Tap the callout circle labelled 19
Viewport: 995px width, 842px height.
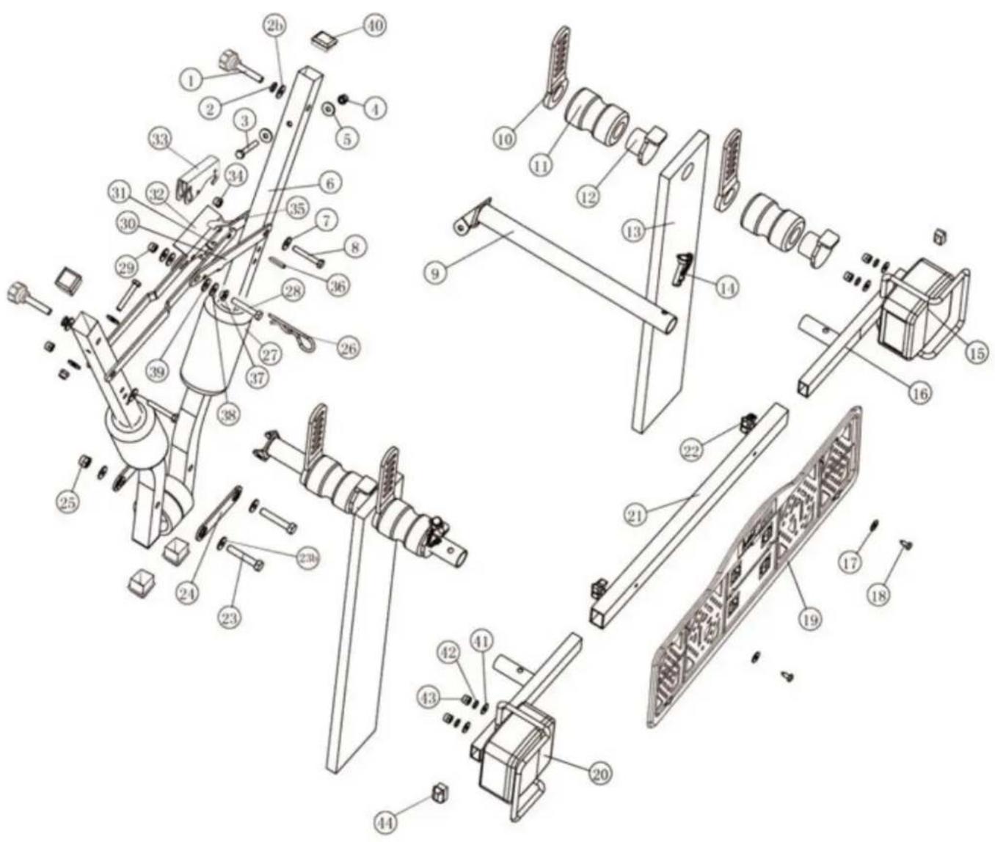tap(809, 619)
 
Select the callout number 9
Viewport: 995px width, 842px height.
tap(434, 273)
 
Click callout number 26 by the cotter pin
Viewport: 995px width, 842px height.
tap(348, 348)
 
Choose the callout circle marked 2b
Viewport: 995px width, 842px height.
tap(277, 26)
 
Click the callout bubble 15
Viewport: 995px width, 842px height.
tap(977, 353)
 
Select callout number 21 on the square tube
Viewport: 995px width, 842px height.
tap(635, 515)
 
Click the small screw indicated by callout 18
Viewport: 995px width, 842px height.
tap(905, 543)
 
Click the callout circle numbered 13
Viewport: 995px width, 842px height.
tap(633, 231)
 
